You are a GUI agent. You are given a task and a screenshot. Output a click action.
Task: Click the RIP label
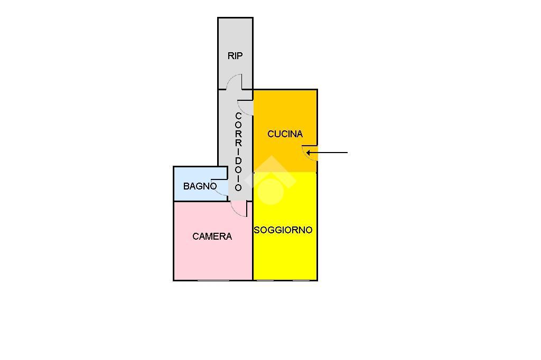click(235, 56)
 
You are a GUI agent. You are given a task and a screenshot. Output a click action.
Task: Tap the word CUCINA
click(285, 134)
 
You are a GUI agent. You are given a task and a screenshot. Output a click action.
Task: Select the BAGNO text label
click(200, 186)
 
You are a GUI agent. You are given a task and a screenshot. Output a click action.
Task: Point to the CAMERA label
click(212, 236)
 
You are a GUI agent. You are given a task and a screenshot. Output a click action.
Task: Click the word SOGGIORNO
click(283, 230)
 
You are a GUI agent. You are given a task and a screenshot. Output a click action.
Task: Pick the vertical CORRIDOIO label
click(238, 151)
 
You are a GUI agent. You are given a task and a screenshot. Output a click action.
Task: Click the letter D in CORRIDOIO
click(238, 160)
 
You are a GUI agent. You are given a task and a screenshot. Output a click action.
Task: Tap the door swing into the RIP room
click(235, 82)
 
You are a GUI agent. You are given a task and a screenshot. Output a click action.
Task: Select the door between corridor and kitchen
click(246, 107)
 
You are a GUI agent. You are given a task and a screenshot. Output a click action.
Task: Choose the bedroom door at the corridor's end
click(239, 209)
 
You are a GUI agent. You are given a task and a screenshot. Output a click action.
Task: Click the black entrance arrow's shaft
click(330, 153)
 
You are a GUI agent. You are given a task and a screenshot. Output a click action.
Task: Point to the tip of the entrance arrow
click(307, 153)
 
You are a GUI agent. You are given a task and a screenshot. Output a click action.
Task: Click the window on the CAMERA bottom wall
click(213, 280)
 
